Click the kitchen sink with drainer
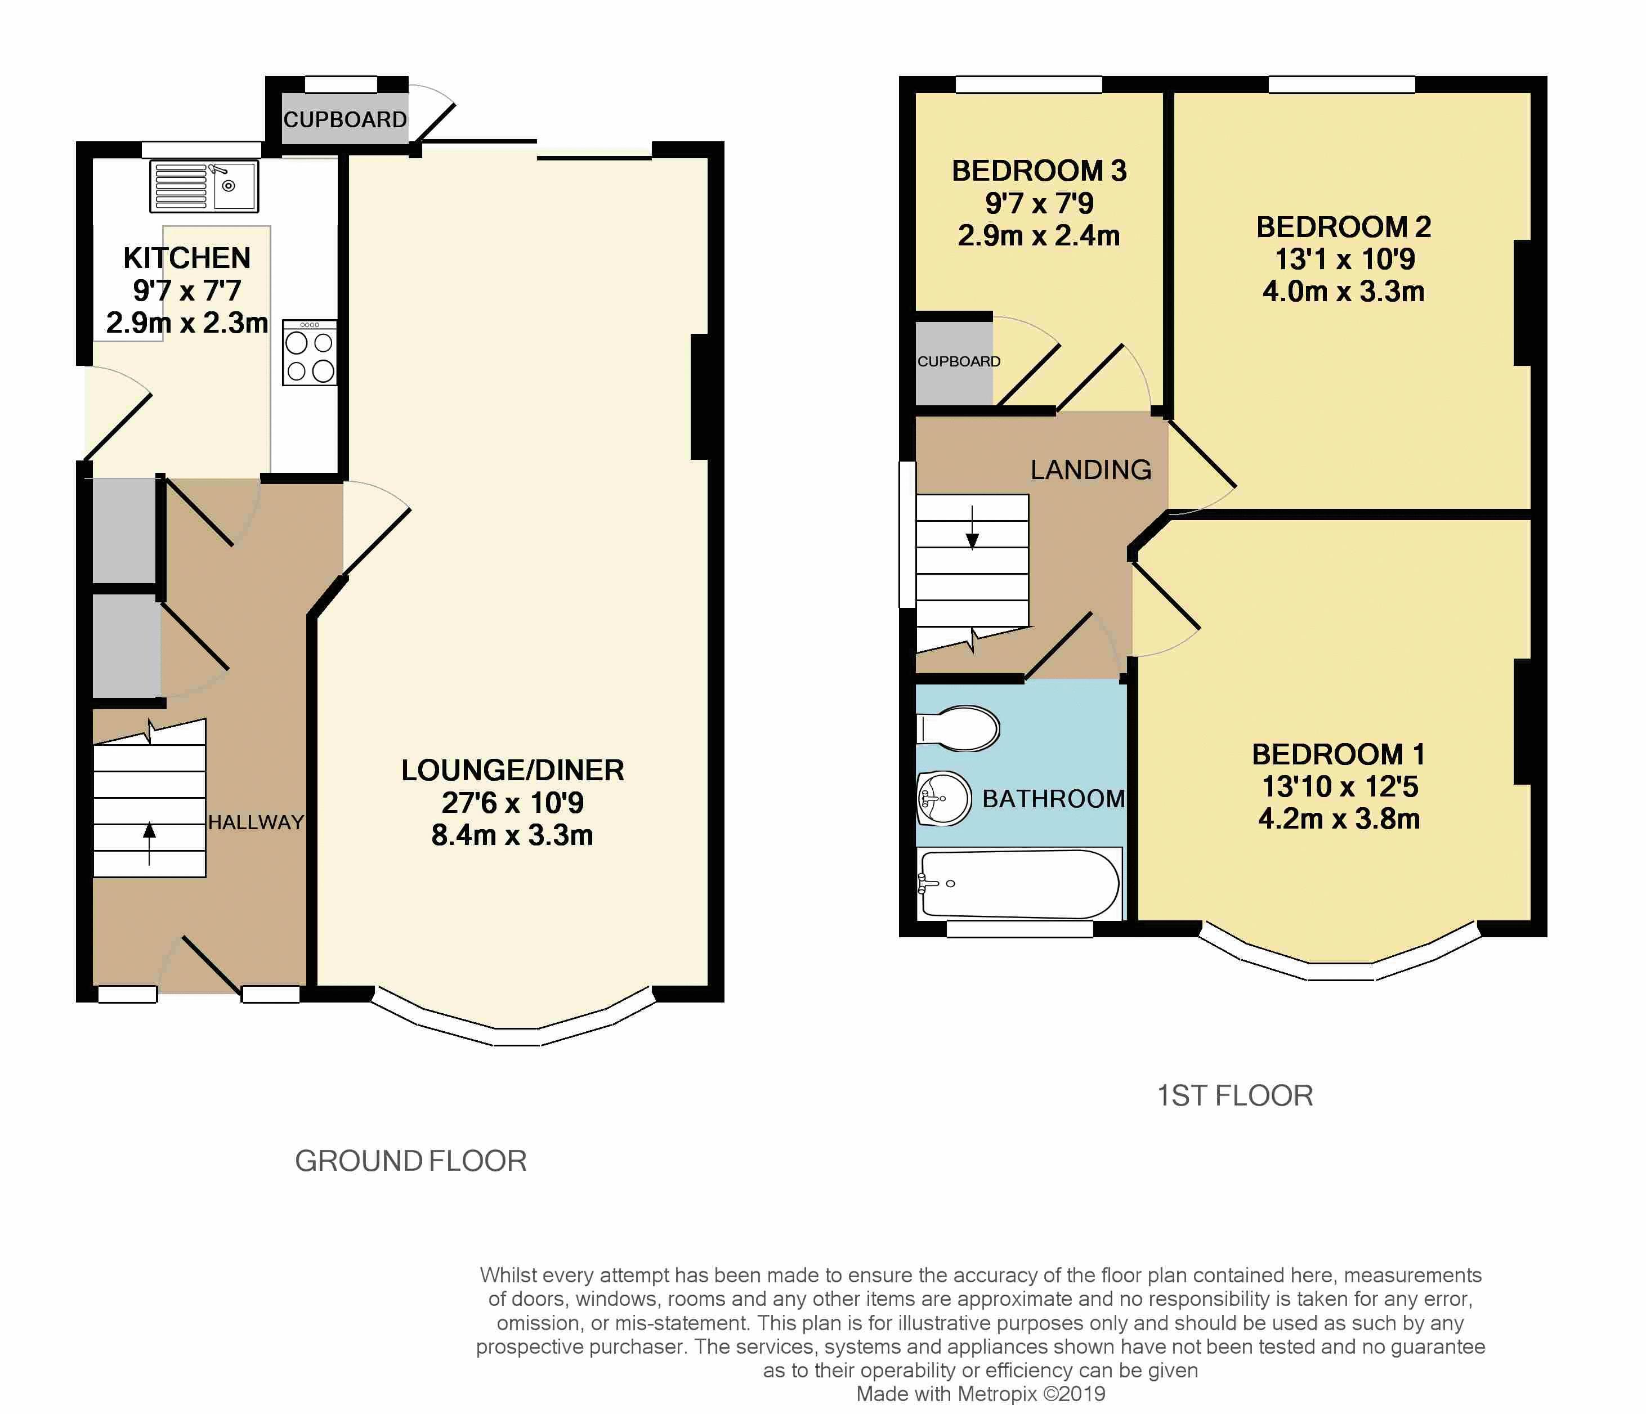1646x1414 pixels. (x=204, y=187)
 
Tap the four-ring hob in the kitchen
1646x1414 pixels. (x=310, y=353)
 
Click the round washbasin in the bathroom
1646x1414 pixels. (x=944, y=798)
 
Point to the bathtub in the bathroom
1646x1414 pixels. (x=1019, y=883)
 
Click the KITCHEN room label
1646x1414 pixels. (x=187, y=258)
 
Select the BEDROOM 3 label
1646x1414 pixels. (x=1039, y=171)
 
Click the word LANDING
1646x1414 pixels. (x=1091, y=469)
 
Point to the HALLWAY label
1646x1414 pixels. (x=256, y=822)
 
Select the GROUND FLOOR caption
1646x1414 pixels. (x=411, y=1161)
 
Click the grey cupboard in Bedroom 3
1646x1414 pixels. (x=954, y=363)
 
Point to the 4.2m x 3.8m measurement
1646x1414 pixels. (x=1339, y=818)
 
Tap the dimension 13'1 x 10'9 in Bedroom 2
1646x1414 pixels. (x=1344, y=259)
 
